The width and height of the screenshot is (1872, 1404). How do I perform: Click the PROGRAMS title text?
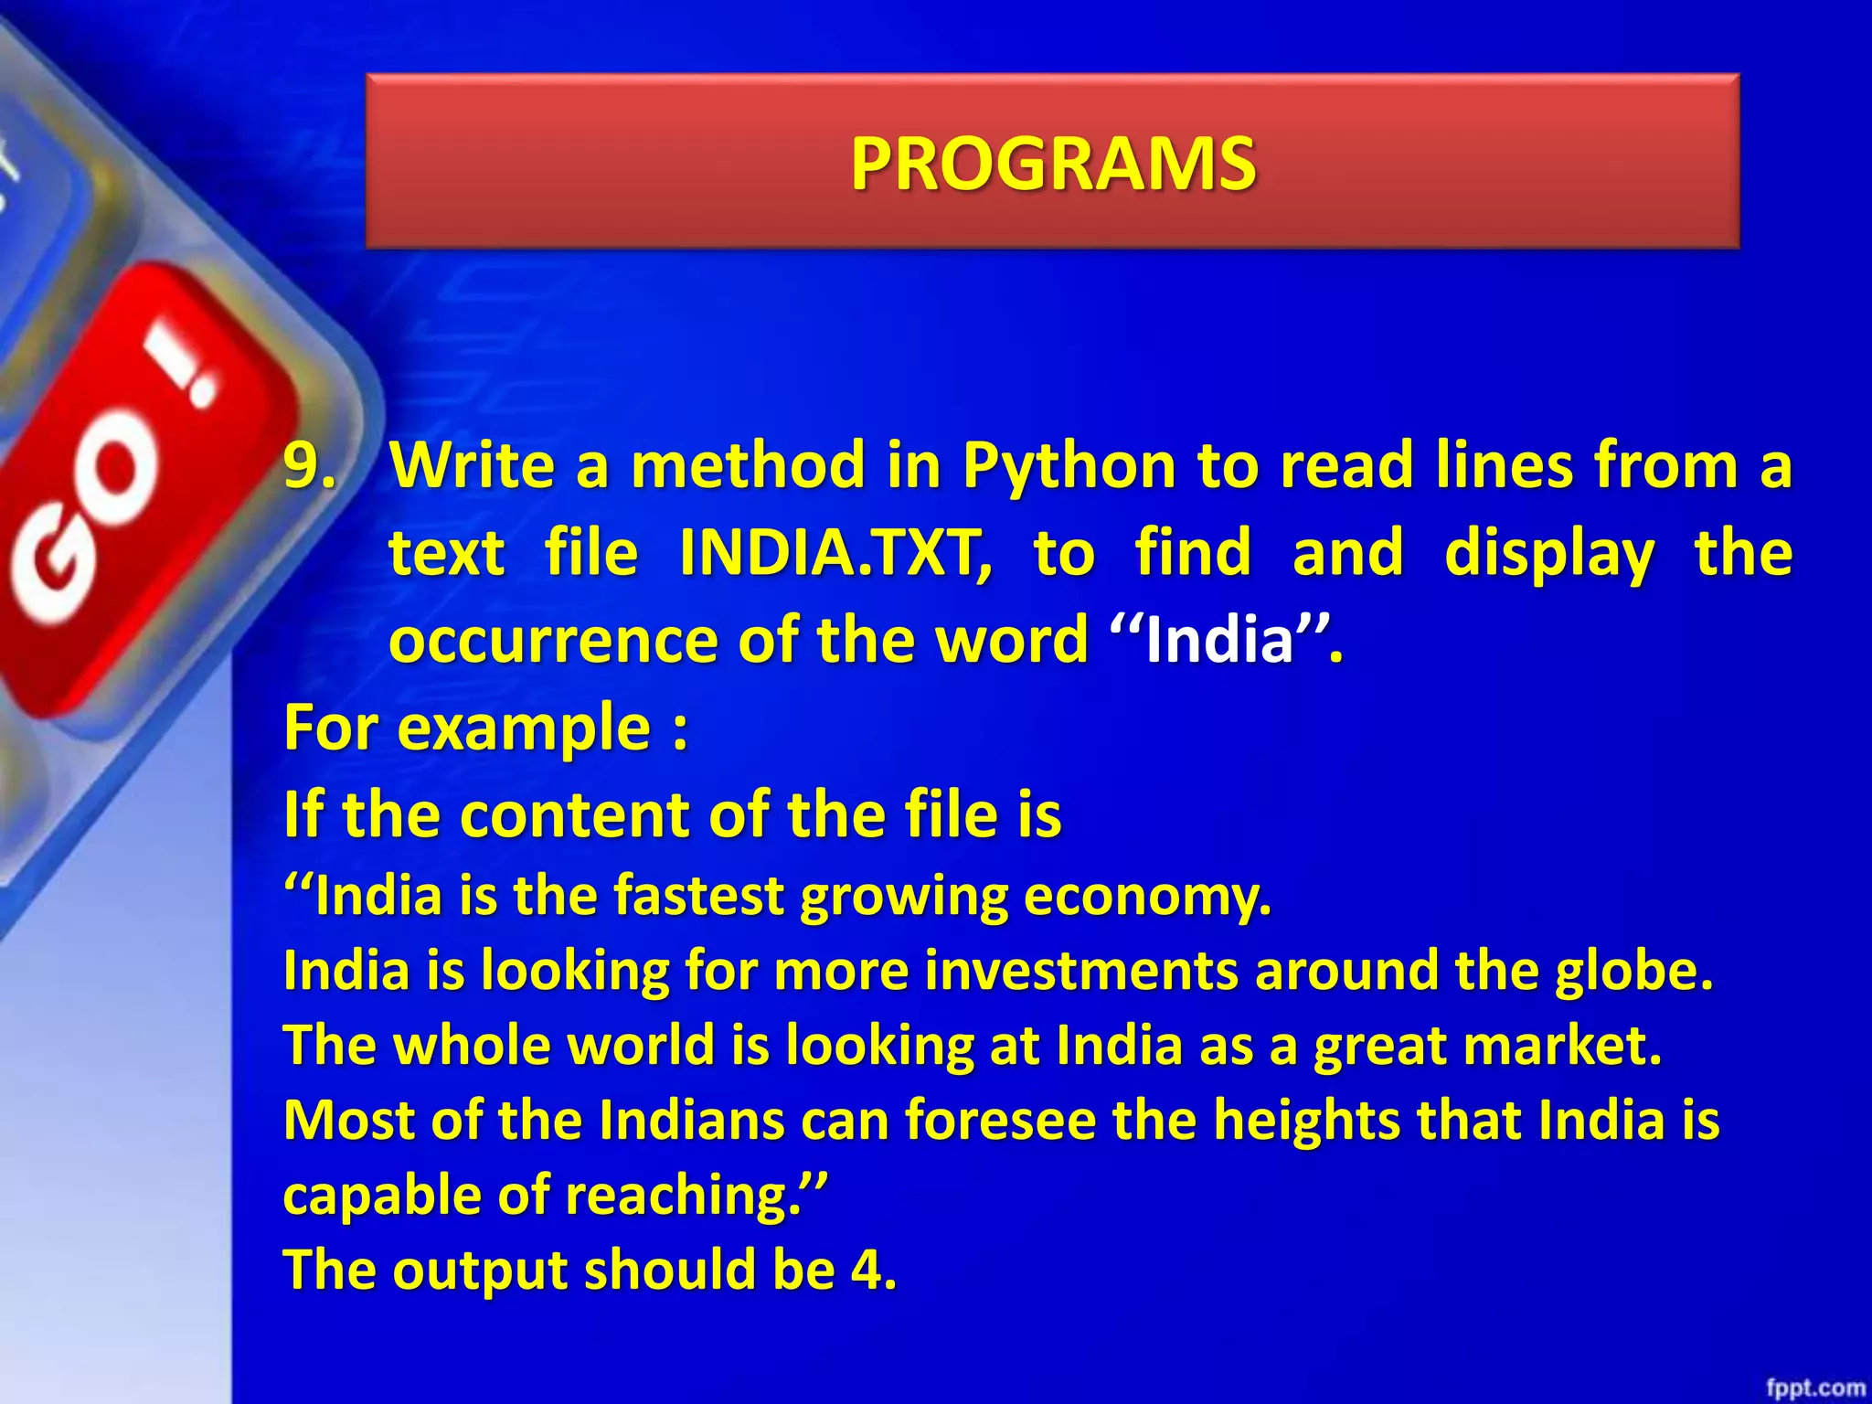click(x=1053, y=164)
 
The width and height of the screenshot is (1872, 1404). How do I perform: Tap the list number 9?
click(x=310, y=465)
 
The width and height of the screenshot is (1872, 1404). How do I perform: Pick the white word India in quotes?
click(x=1219, y=640)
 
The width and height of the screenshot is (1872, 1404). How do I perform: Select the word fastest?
click(x=698, y=895)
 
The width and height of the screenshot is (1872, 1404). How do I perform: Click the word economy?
click(x=1146, y=897)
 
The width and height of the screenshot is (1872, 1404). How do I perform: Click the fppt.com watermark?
click(x=1814, y=1388)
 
